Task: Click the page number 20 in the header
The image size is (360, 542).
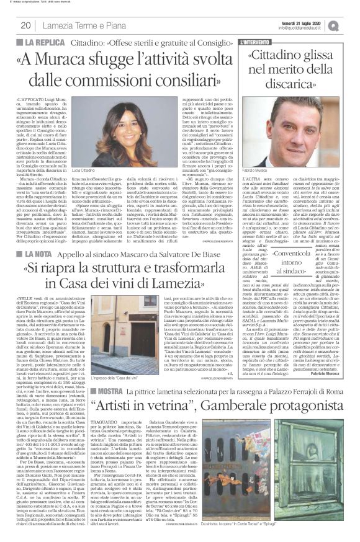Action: pos(26,25)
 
